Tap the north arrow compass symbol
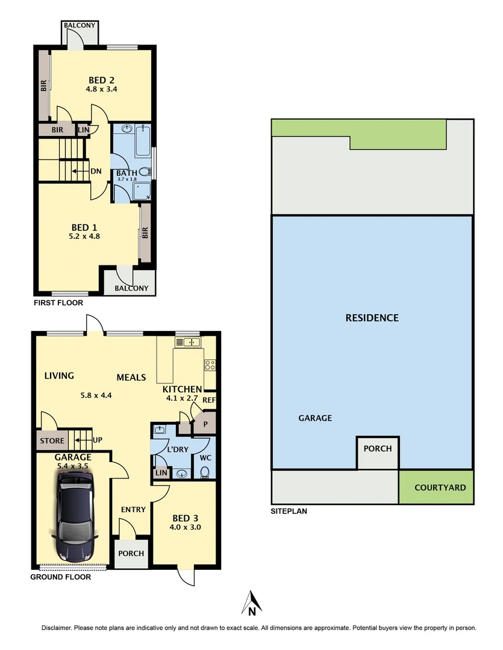point(252,604)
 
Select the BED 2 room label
point(102,80)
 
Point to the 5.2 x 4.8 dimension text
point(85,237)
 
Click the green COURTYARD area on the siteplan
point(436,487)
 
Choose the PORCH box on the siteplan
point(378,448)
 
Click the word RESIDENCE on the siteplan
point(372,318)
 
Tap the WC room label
point(204,457)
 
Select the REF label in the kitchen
point(209,400)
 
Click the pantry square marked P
point(205,424)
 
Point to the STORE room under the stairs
point(52,441)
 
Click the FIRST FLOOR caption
point(58,303)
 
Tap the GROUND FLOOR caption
point(61,577)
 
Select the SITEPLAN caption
point(289,511)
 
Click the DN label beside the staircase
point(95,171)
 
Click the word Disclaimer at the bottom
point(57,628)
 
